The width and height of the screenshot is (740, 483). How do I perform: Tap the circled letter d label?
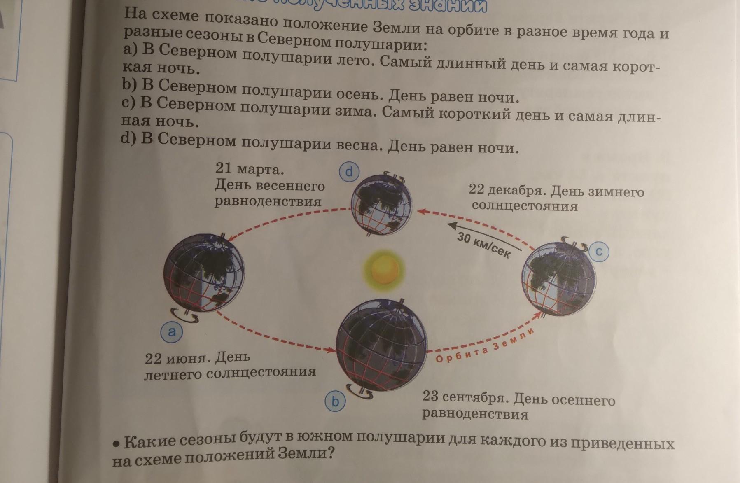pos(349,172)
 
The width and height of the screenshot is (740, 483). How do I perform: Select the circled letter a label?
pos(172,331)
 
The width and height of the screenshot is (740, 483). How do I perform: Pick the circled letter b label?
pos(335,401)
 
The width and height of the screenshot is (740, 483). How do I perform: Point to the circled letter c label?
pos(599,251)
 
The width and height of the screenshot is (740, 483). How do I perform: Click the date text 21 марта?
pos(250,169)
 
